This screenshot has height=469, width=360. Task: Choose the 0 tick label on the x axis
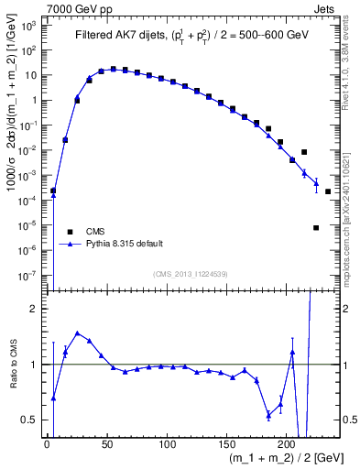pos(47,444)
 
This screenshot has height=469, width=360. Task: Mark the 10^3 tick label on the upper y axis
pos(29,26)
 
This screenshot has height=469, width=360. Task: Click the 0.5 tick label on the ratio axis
pos(29,420)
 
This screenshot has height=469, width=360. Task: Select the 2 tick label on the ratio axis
pos(34,310)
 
